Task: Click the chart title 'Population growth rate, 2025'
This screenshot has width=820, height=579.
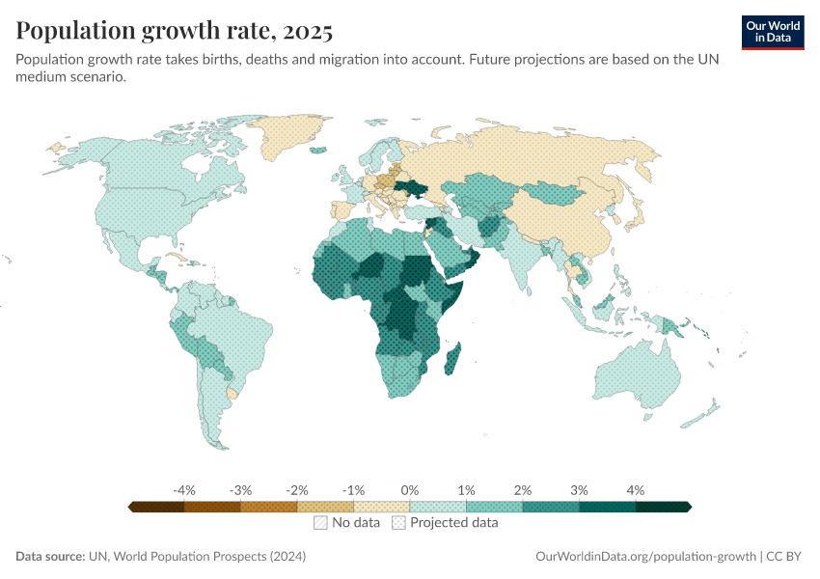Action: [175, 31]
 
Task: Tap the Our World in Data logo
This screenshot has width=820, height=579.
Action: [773, 31]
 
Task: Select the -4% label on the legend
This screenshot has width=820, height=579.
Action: [184, 490]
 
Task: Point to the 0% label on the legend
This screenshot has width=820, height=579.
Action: [410, 490]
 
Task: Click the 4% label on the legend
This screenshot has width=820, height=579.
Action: [635, 490]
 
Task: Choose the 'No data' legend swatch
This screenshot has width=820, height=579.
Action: [320, 523]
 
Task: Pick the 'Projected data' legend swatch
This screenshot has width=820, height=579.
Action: [398, 523]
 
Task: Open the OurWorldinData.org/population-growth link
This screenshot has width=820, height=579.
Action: [643, 556]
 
